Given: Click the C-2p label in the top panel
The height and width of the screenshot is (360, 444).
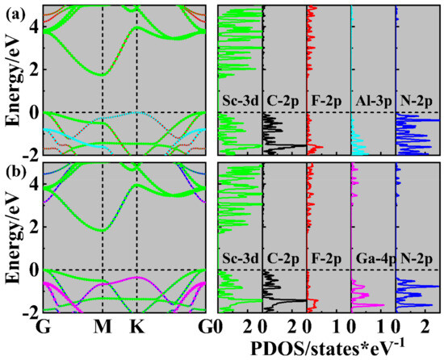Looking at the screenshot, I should [x=283, y=102].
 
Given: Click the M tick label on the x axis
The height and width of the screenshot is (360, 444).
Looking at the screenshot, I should [x=103, y=328].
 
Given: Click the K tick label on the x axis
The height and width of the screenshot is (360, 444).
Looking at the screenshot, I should [x=137, y=328].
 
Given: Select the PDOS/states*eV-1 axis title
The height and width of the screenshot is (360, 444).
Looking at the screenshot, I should [x=332, y=347].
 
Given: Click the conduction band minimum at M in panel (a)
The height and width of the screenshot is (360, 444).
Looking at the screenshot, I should [x=103, y=74].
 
